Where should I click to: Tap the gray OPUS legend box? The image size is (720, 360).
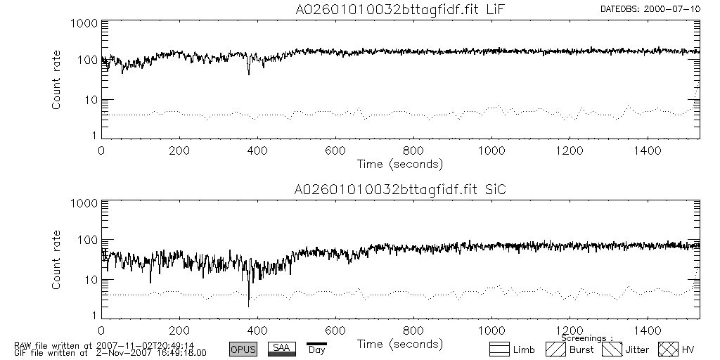[x=243, y=349]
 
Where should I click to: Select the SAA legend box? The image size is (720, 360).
[x=282, y=349]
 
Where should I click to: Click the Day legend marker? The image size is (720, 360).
[x=316, y=347]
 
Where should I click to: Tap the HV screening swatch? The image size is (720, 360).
[x=667, y=349]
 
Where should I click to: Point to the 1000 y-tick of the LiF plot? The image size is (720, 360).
[x=84, y=23]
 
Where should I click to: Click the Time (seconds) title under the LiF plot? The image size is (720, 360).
[x=399, y=164]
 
